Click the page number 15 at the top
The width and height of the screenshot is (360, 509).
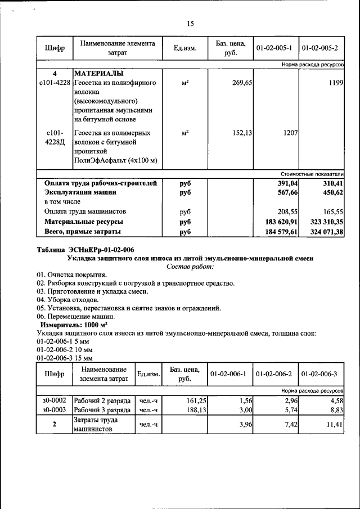[190, 23]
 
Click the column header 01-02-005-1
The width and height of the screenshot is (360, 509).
[276, 48]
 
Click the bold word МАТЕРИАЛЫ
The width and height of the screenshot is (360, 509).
[99, 74]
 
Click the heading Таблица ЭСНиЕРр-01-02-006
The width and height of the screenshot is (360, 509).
[85, 250]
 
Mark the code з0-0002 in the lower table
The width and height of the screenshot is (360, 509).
[55, 400]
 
